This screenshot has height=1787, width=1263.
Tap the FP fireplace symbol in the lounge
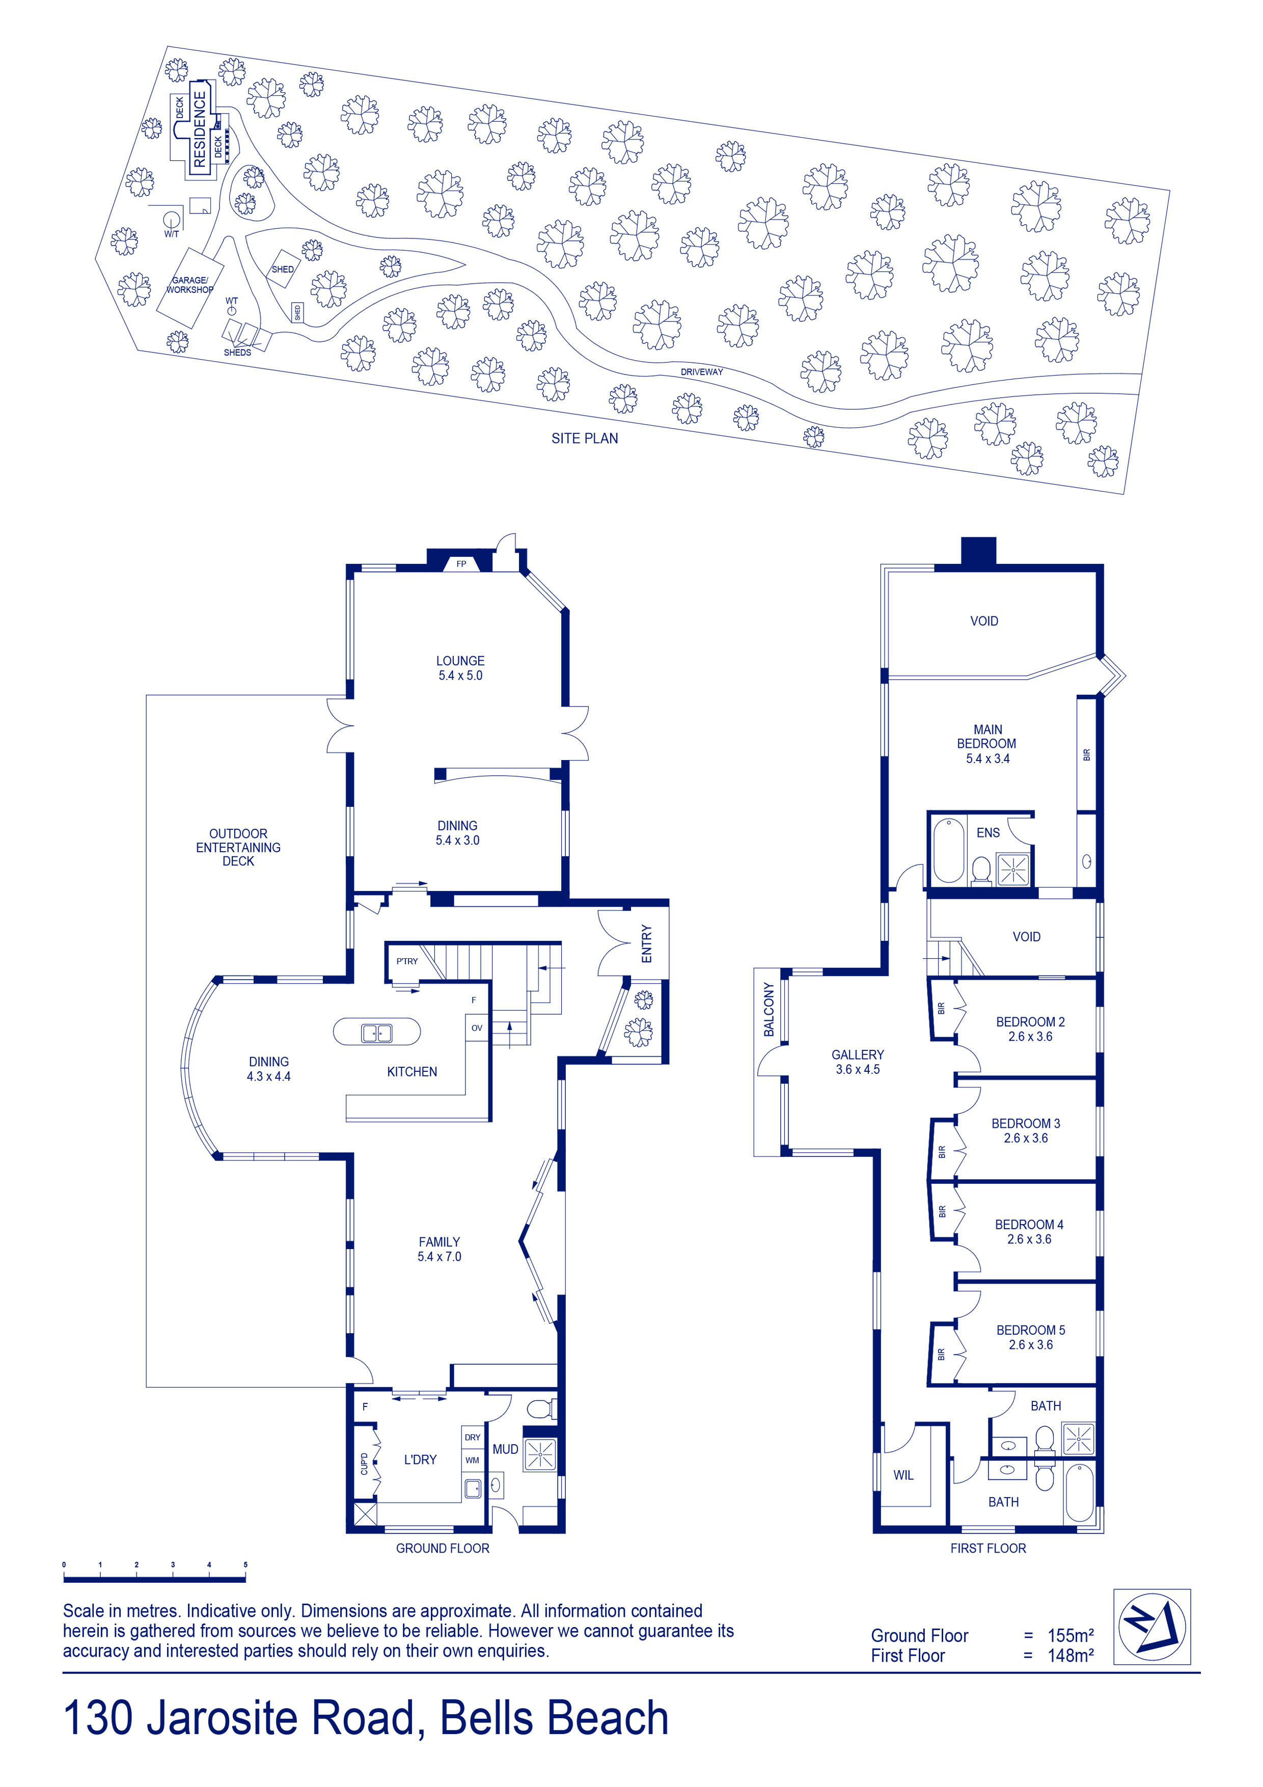461,563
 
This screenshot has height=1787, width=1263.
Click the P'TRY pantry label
407,961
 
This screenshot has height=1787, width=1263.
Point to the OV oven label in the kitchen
477,1028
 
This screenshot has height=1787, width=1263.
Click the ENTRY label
647,943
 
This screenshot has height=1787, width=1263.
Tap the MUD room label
505,1449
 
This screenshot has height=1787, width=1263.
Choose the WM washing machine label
473,1460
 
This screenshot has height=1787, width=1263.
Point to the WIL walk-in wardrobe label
903,1475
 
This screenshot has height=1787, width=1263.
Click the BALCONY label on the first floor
769,1010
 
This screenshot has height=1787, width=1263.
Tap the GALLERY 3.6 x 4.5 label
858,1062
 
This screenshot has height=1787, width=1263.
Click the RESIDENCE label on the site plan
200,129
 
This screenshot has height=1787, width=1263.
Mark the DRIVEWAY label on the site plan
702,372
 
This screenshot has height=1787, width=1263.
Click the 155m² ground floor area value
1070,1635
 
